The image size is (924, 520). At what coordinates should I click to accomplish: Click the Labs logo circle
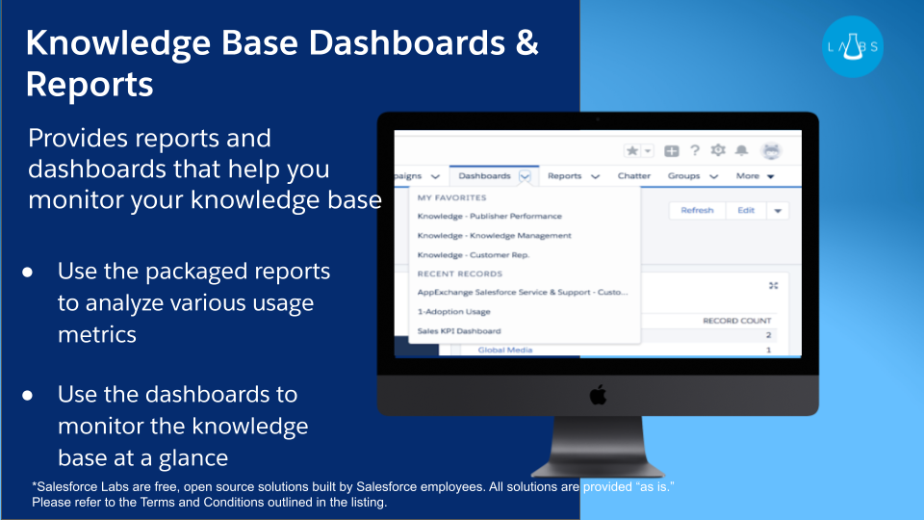click(854, 46)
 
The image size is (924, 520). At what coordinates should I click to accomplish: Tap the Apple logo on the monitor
click(598, 395)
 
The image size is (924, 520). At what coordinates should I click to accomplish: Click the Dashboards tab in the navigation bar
click(484, 176)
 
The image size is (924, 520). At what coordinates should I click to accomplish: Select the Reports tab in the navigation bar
click(565, 176)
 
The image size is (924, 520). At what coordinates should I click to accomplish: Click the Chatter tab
click(634, 176)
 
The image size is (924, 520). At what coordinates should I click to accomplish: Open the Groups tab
click(684, 176)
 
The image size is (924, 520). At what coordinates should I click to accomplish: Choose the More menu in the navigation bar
click(748, 176)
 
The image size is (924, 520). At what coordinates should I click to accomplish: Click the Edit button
click(746, 210)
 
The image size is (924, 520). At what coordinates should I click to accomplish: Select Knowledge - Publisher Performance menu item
click(490, 217)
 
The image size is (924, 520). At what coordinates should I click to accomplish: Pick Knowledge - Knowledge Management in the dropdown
click(495, 236)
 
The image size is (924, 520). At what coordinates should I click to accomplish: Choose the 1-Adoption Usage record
click(454, 312)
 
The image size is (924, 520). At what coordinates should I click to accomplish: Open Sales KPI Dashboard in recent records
click(459, 331)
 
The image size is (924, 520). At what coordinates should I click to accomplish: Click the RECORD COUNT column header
click(737, 321)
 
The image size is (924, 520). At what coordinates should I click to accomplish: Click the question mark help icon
click(694, 151)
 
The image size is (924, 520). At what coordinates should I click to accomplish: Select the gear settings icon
click(717, 151)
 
